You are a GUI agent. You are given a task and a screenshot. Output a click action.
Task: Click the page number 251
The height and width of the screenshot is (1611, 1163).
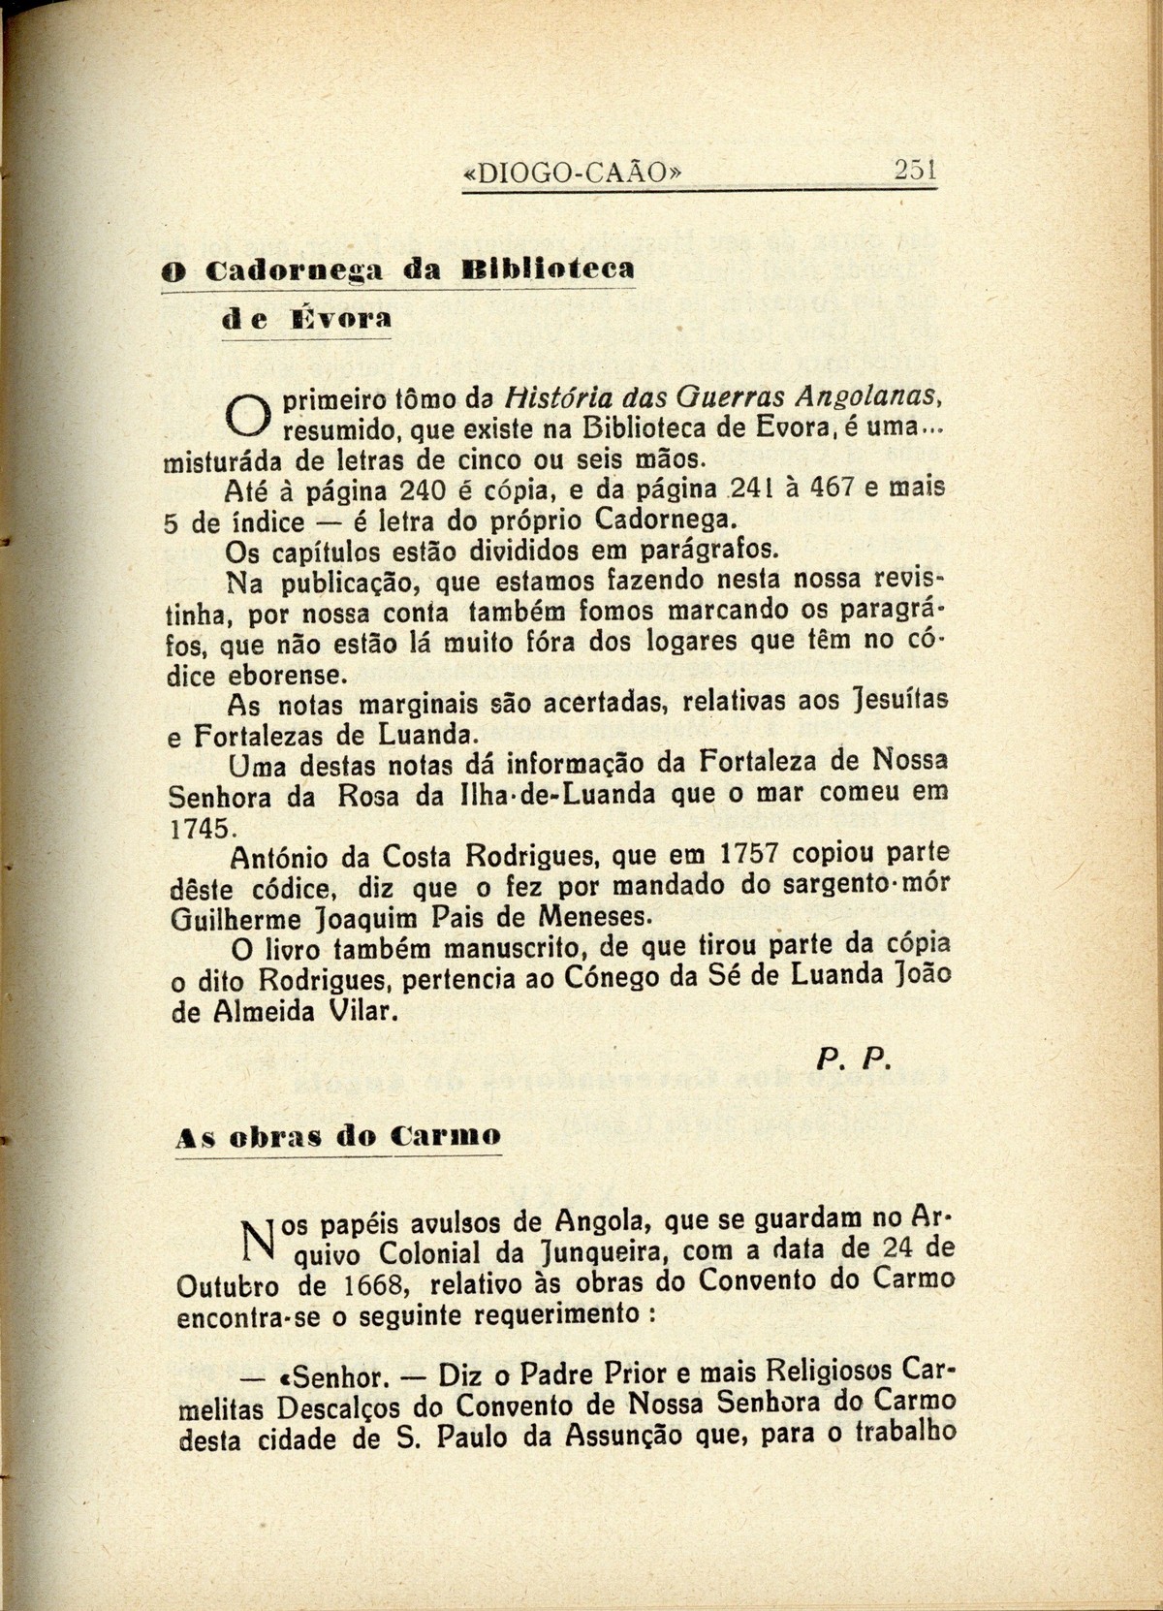point(914,172)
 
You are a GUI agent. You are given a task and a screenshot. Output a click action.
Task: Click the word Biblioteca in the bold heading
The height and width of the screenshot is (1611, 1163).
point(550,268)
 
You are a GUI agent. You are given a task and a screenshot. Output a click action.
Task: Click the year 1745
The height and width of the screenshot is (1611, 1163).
point(201,828)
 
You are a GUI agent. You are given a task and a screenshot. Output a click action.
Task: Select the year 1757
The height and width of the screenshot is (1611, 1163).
point(752,855)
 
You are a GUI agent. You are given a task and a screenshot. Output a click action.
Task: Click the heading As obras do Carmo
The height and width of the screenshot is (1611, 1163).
point(339,1136)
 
